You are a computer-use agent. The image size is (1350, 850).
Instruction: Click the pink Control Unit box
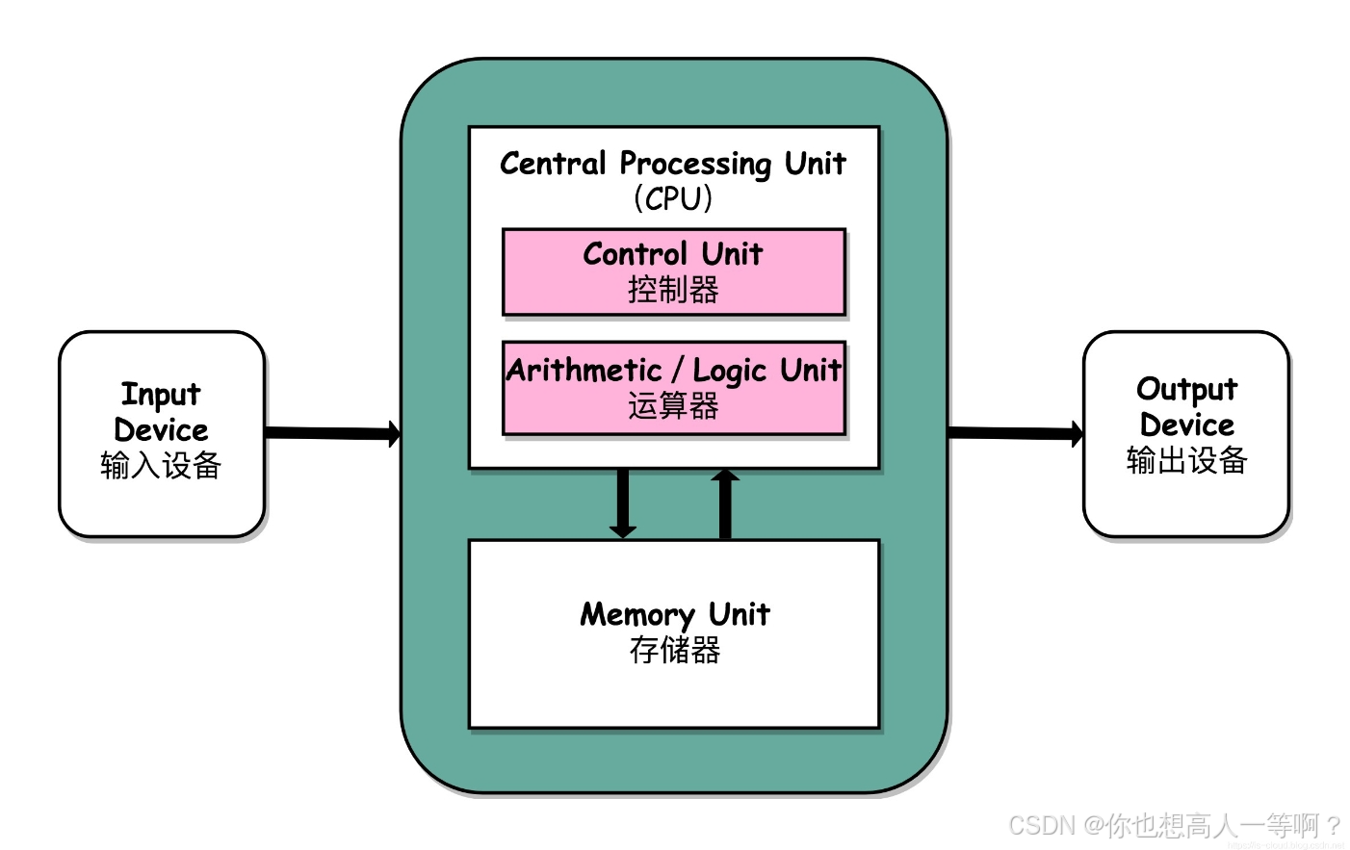[673, 271]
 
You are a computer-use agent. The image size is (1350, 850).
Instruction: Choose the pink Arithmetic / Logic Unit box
[673, 388]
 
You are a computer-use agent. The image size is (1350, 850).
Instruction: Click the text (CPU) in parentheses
[673, 198]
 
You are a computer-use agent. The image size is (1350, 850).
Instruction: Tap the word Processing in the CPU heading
[695, 164]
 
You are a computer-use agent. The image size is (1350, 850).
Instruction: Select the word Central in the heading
[553, 163]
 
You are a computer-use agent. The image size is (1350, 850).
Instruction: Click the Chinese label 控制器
[673, 290]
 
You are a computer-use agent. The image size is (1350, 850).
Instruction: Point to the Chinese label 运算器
[673, 406]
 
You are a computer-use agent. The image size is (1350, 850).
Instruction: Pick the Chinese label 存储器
[674, 651]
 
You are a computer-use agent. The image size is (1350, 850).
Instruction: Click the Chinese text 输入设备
[161, 466]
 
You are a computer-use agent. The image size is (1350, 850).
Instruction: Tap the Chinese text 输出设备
[1186, 461]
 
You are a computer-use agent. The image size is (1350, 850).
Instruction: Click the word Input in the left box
[161, 395]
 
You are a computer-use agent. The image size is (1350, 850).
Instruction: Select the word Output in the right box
[1186, 389]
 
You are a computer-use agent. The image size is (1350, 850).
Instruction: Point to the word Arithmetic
[584, 371]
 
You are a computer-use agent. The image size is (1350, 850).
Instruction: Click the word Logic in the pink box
[729, 372]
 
